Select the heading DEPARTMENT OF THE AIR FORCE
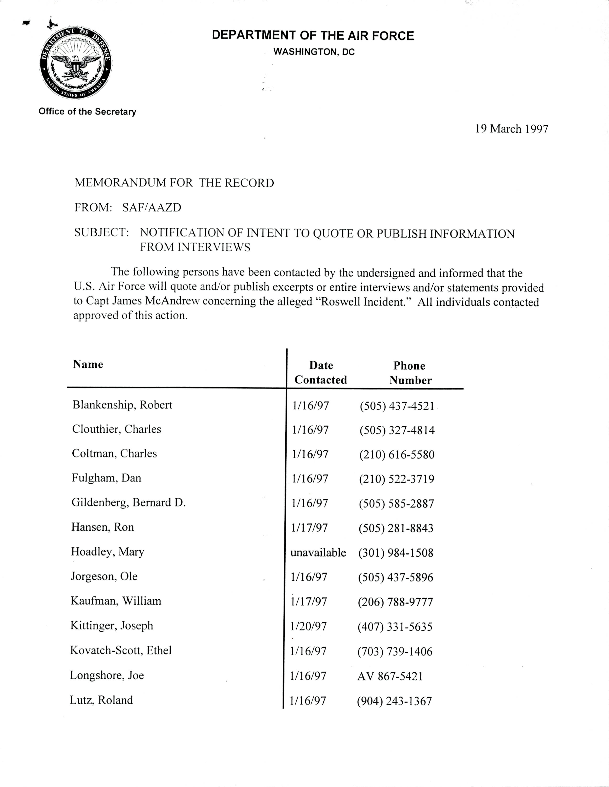(x=313, y=36)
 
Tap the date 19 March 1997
(x=511, y=129)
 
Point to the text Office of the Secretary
(x=87, y=112)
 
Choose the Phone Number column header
(x=410, y=373)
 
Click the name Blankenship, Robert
(x=122, y=405)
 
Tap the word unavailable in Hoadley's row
(x=318, y=552)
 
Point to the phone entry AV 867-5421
(x=390, y=676)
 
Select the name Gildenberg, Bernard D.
(x=128, y=502)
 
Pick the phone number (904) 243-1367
(x=394, y=701)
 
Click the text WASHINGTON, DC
(x=314, y=52)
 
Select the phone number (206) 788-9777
(x=395, y=602)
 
